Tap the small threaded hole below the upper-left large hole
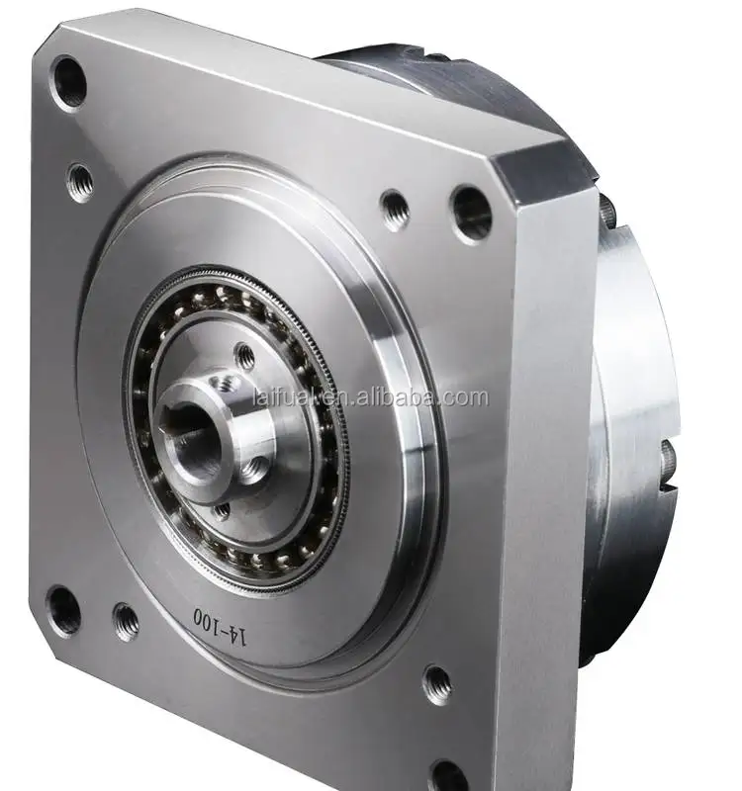[x=80, y=181]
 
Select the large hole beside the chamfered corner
[x=471, y=213]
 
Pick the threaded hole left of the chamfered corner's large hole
[x=395, y=209]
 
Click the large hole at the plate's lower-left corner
[x=63, y=610]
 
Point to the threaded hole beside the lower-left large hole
[x=126, y=621]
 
